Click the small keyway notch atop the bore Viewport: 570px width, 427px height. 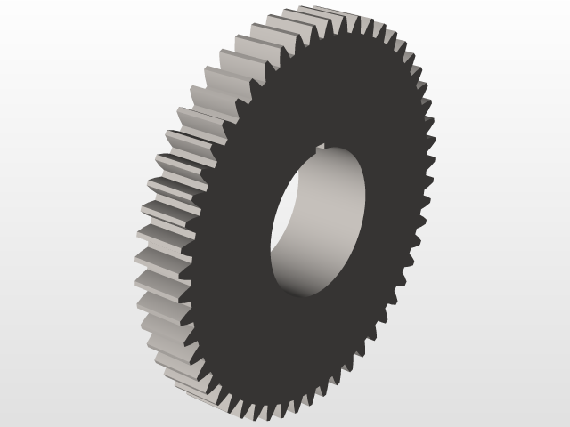[x=320, y=157]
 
